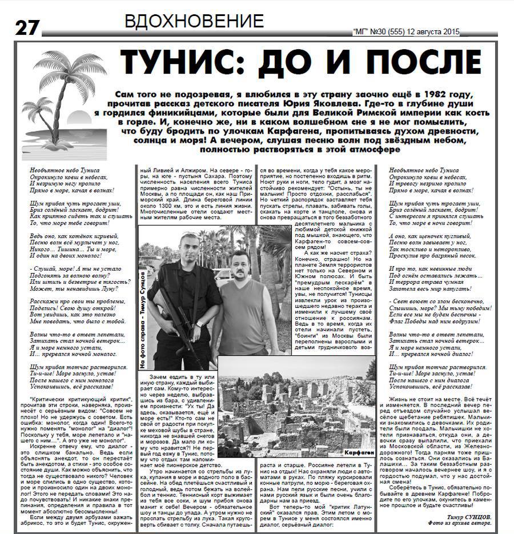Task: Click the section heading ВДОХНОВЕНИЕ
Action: (194, 22)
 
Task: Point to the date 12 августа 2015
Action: (437, 33)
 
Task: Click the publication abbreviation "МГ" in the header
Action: (360, 33)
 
